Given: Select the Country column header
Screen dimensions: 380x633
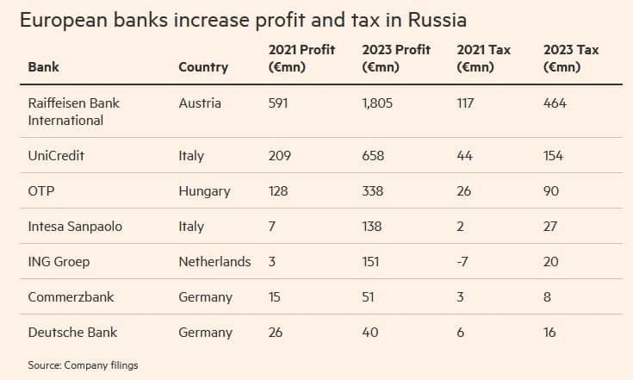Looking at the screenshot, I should click(x=203, y=66).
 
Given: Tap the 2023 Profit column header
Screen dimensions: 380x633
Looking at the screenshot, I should click(x=396, y=58).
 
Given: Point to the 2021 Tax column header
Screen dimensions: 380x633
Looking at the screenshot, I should click(x=483, y=58).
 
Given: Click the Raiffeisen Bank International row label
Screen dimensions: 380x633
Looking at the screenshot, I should click(x=73, y=111).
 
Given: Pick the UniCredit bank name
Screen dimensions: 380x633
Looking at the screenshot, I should click(x=56, y=156).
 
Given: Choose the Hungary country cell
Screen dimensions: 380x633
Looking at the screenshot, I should click(x=204, y=191).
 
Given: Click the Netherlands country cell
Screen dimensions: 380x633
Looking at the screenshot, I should click(x=214, y=261).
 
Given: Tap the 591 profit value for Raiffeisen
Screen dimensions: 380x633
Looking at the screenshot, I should click(x=280, y=103).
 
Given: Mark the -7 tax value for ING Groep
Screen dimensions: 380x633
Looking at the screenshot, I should click(x=462, y=261).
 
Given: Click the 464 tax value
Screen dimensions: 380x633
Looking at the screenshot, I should click(x=555, y=103).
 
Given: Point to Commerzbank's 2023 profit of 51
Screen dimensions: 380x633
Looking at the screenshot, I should click(x=370, y=296).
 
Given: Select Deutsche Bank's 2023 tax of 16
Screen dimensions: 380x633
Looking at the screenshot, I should click(x=549, y=332).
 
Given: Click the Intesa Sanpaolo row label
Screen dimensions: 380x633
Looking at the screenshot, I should click(x=75, y=227).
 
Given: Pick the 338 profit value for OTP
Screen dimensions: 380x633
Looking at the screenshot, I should click(x=374, y=191).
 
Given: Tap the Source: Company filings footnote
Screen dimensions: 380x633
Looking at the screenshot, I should click(x=83, y=365).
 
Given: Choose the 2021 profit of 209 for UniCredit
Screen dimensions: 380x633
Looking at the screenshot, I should click(x=280, y=156).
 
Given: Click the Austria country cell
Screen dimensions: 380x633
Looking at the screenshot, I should click(x=200, y=103).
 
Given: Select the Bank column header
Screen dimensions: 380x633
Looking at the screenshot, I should click(x=44, y=66).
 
